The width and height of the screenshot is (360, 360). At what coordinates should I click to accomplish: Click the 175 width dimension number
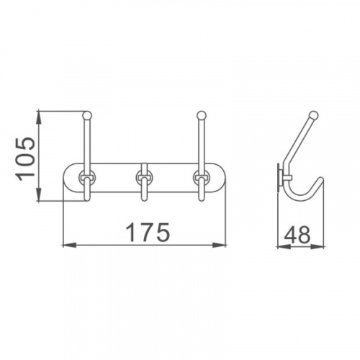(148, 232)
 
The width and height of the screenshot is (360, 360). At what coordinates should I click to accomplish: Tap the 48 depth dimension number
(297, 235)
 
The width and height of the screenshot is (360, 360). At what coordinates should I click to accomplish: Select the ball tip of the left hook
(87, 115)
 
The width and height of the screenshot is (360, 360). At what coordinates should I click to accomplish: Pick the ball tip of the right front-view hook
(202, 115)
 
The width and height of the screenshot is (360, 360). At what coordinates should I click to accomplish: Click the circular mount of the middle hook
(144, 178)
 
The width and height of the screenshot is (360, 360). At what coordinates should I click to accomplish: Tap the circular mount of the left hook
(87, 178)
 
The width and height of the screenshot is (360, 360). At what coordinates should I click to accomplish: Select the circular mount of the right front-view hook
(202, 178)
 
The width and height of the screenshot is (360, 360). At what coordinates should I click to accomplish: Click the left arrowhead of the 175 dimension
(69, 245)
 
